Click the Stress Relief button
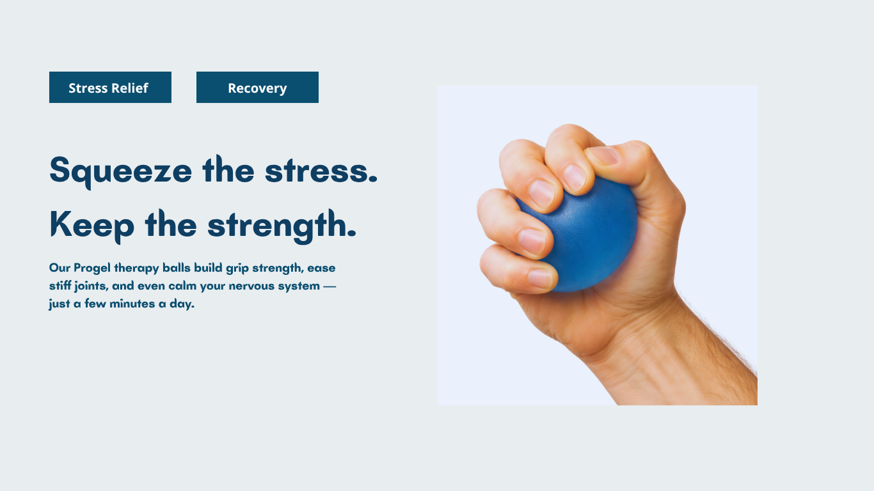coord(110,88)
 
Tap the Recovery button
coord(257,88)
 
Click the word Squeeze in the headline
coord(121,171)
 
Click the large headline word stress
coord(321,171)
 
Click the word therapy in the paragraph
coord(136,269)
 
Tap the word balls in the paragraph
coord(177,267)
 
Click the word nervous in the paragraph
coord(251,286)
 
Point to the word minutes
coord(132,304)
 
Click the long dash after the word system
coord(330,286)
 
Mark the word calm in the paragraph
coord(182,286)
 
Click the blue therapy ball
coord(585,238)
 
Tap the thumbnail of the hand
coord(604,155)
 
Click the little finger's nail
coord(541,279)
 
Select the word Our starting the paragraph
coord(60,268)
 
